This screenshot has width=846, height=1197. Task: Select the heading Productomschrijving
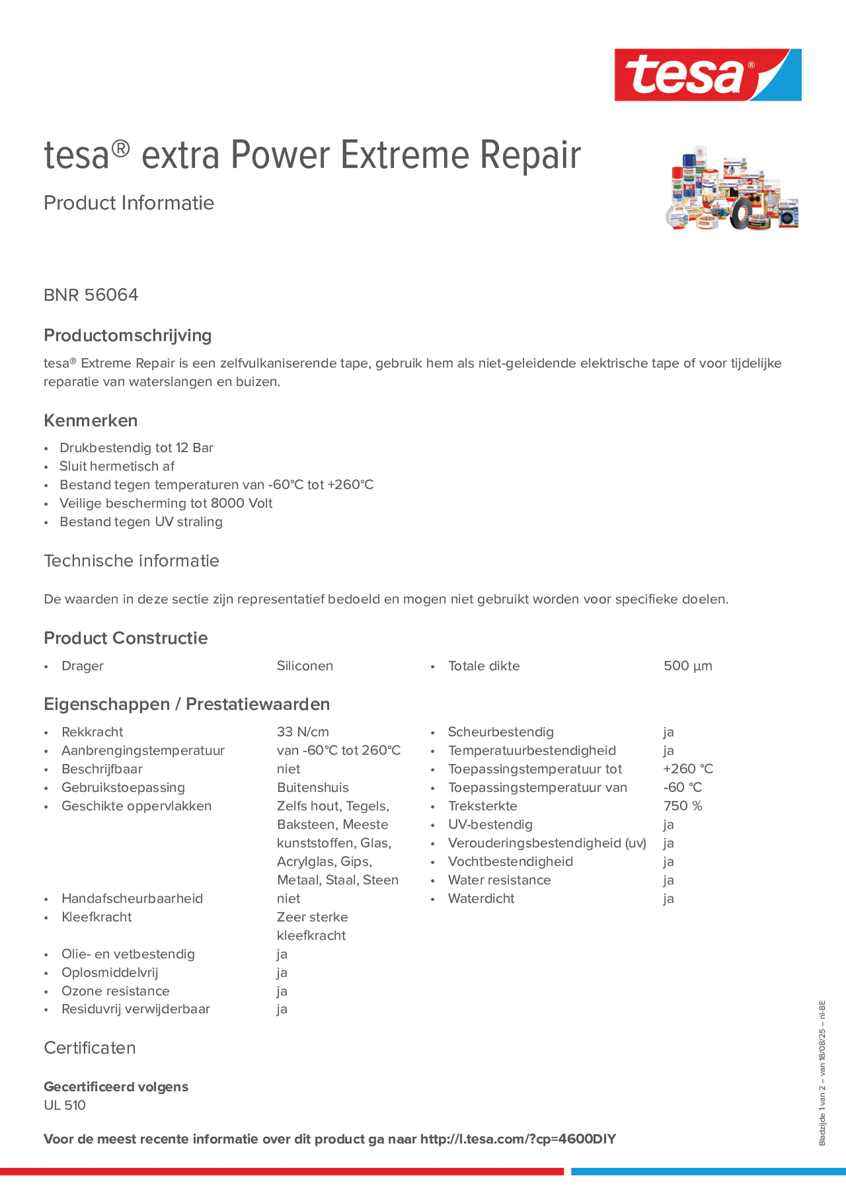(127, 335)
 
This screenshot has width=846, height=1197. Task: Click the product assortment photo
(731, 188)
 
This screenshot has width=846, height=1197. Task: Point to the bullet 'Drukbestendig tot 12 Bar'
(136, 448)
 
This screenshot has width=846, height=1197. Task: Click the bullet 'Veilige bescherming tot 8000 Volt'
(165, 503)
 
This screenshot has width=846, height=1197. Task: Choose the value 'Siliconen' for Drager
(304, 666)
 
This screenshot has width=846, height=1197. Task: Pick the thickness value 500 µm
(687, 666)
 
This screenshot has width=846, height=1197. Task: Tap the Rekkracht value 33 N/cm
(303, 732)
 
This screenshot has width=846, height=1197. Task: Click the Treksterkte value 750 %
(682, 806)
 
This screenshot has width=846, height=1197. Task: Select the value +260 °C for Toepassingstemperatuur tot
(687, 769)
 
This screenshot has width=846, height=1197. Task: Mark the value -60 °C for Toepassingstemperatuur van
(682, 787)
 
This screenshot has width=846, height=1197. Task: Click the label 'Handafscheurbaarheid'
(132, 898)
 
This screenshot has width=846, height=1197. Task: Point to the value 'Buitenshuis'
(312, 787)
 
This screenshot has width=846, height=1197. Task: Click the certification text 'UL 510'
(65, 1105)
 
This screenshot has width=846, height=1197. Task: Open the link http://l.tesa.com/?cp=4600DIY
(517, 1139)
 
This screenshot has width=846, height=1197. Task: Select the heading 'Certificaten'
(90, 1048)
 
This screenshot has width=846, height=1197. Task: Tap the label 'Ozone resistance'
(115, 990)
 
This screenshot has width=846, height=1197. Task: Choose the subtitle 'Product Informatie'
(129, 203)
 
